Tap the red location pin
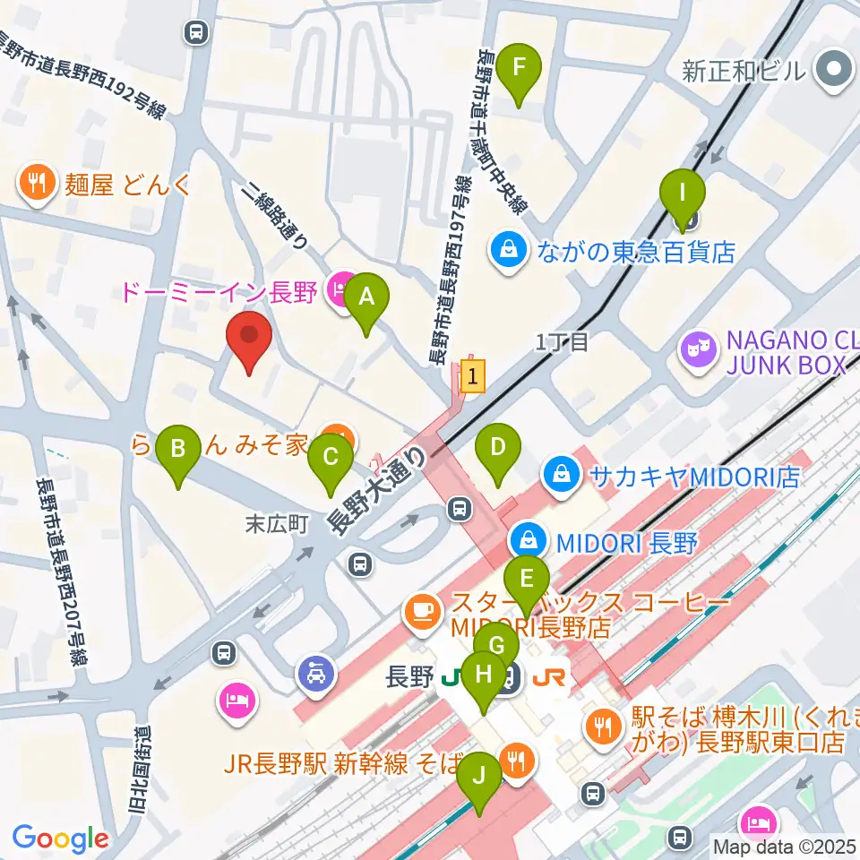pos(249,340)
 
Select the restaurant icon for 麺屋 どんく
pos(37,185)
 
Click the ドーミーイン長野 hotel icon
pos(340,291)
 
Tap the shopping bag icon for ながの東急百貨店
pos(508,250)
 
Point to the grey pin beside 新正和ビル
pos(832,69)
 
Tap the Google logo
pos(60,838)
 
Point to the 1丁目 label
pos(561,341)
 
